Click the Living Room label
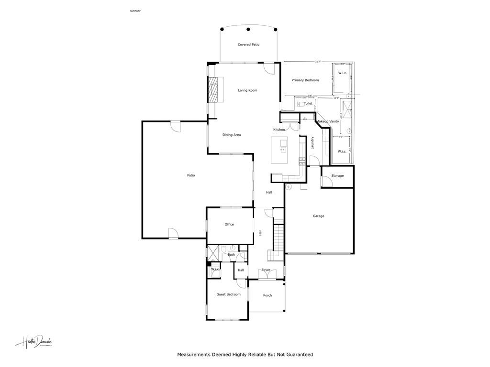[x=248, y=90]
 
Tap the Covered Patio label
[x=248, y=44]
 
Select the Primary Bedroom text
[x=305, y=80]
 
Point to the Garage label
[x=318, y=216]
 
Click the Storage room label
[x=337, y=176]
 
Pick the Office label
[x=229, y=224]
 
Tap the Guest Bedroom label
[x=228, y=294]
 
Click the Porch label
[x=267, y=295]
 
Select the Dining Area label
[x=232, y=135]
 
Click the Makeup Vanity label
[x=327, y=121]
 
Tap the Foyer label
[x=266, y=270]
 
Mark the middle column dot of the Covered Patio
[x=248, y=30]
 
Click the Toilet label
[x=308, y=104]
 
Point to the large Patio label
[x=191, y=175]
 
